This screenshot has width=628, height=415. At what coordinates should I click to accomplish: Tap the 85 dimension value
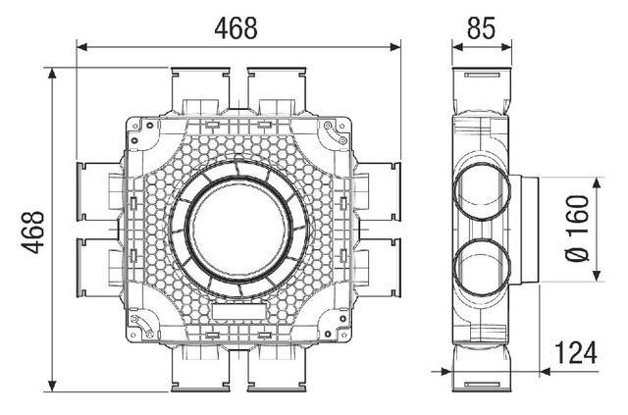[x=481, y=26]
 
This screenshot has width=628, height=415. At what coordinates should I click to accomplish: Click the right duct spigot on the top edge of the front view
[x=276, y=88]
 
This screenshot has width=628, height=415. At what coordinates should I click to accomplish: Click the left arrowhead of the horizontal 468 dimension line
[x=80, y=45]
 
